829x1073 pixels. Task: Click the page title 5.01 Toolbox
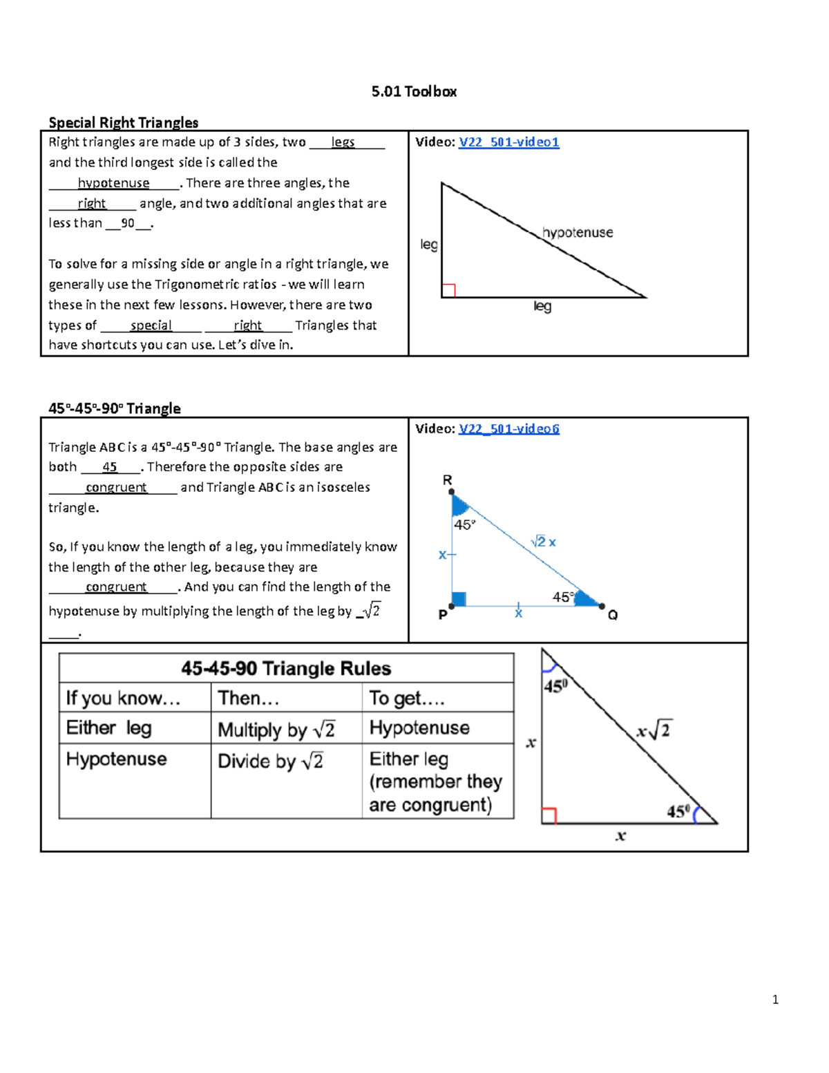point(414,91)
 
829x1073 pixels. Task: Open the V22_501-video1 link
point(508,142)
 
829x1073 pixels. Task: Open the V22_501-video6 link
point(508,428)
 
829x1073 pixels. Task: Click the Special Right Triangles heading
point(123,122)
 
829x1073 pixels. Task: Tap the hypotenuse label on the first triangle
point(578,232)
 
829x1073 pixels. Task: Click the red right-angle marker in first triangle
point(448,290)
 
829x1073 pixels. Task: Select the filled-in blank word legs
point(343,142)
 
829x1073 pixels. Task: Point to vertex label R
point(447,479)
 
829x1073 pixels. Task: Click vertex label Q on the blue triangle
point(612,615)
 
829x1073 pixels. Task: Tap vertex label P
point(443,614)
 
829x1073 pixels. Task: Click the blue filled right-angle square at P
point(459,599)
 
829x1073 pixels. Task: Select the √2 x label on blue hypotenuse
point(544,542)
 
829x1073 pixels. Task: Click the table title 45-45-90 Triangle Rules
point(286,668)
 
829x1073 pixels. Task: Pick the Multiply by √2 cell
point(276,729)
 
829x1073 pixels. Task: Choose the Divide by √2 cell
point(271,761)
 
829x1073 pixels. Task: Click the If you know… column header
point(123,698)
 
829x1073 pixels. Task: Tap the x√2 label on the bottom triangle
point(654,730)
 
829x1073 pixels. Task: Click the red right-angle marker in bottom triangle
point(549,815)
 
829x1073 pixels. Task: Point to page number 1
point(775,999)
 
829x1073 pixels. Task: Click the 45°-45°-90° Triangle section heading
point(115,408)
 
